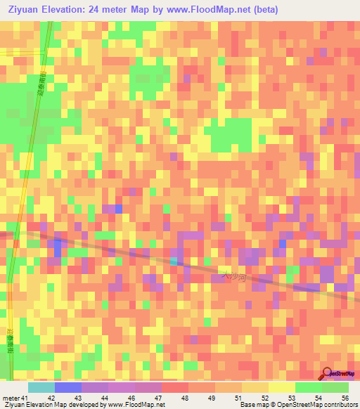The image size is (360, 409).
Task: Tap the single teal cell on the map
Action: click(174, 261)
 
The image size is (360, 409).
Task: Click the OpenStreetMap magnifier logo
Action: click(327, 374)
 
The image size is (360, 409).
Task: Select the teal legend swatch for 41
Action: click(41, 387)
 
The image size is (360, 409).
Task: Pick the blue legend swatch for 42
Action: click(67, 387)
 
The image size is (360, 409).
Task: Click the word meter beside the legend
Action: click(11, 397)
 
